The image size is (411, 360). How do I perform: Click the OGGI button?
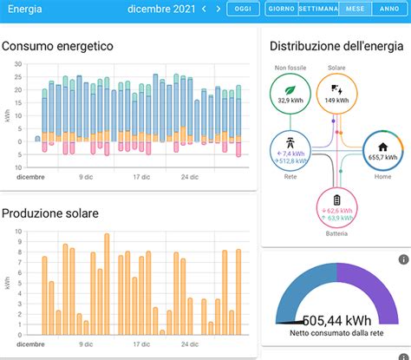pyautogui.click(x=244, y=9)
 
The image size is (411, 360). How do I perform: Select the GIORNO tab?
pyautogui.click(x=281, y=9)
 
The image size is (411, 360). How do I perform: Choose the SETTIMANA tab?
pyautogui.click(x=317, y=9)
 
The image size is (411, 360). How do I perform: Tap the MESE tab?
pyautogui.click(x=354, y=9)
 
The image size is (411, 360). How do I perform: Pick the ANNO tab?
pyautogui.click(x=389, y=9)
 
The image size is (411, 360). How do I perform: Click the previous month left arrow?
pyautogui.click(x=204, y=9)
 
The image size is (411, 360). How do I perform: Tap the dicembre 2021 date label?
pyautogui.click(x=160, y=9)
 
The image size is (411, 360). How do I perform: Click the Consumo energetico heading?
pyautogui.click(x=57, y=45)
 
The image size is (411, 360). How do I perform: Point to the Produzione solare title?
pyautogui.click(x=50, y=213)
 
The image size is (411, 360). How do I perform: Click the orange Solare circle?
pyautogui.click(x=337, y=92)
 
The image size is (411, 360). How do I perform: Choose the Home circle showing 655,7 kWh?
pyautogui.click(x=382, y=150)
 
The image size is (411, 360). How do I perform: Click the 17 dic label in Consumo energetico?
pyautogui.click(x=142, y=176)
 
